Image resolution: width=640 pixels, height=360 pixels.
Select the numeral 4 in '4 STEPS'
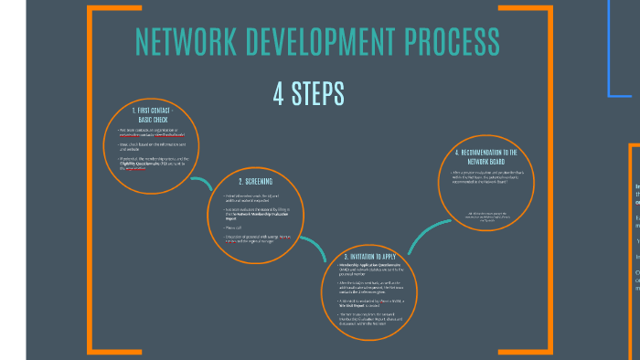pos(280,93)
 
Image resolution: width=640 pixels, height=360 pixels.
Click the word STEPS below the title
pos(320,93)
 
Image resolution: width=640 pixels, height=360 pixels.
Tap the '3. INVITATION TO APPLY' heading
pos(370,256)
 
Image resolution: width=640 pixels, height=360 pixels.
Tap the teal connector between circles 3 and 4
pos(421,234)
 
